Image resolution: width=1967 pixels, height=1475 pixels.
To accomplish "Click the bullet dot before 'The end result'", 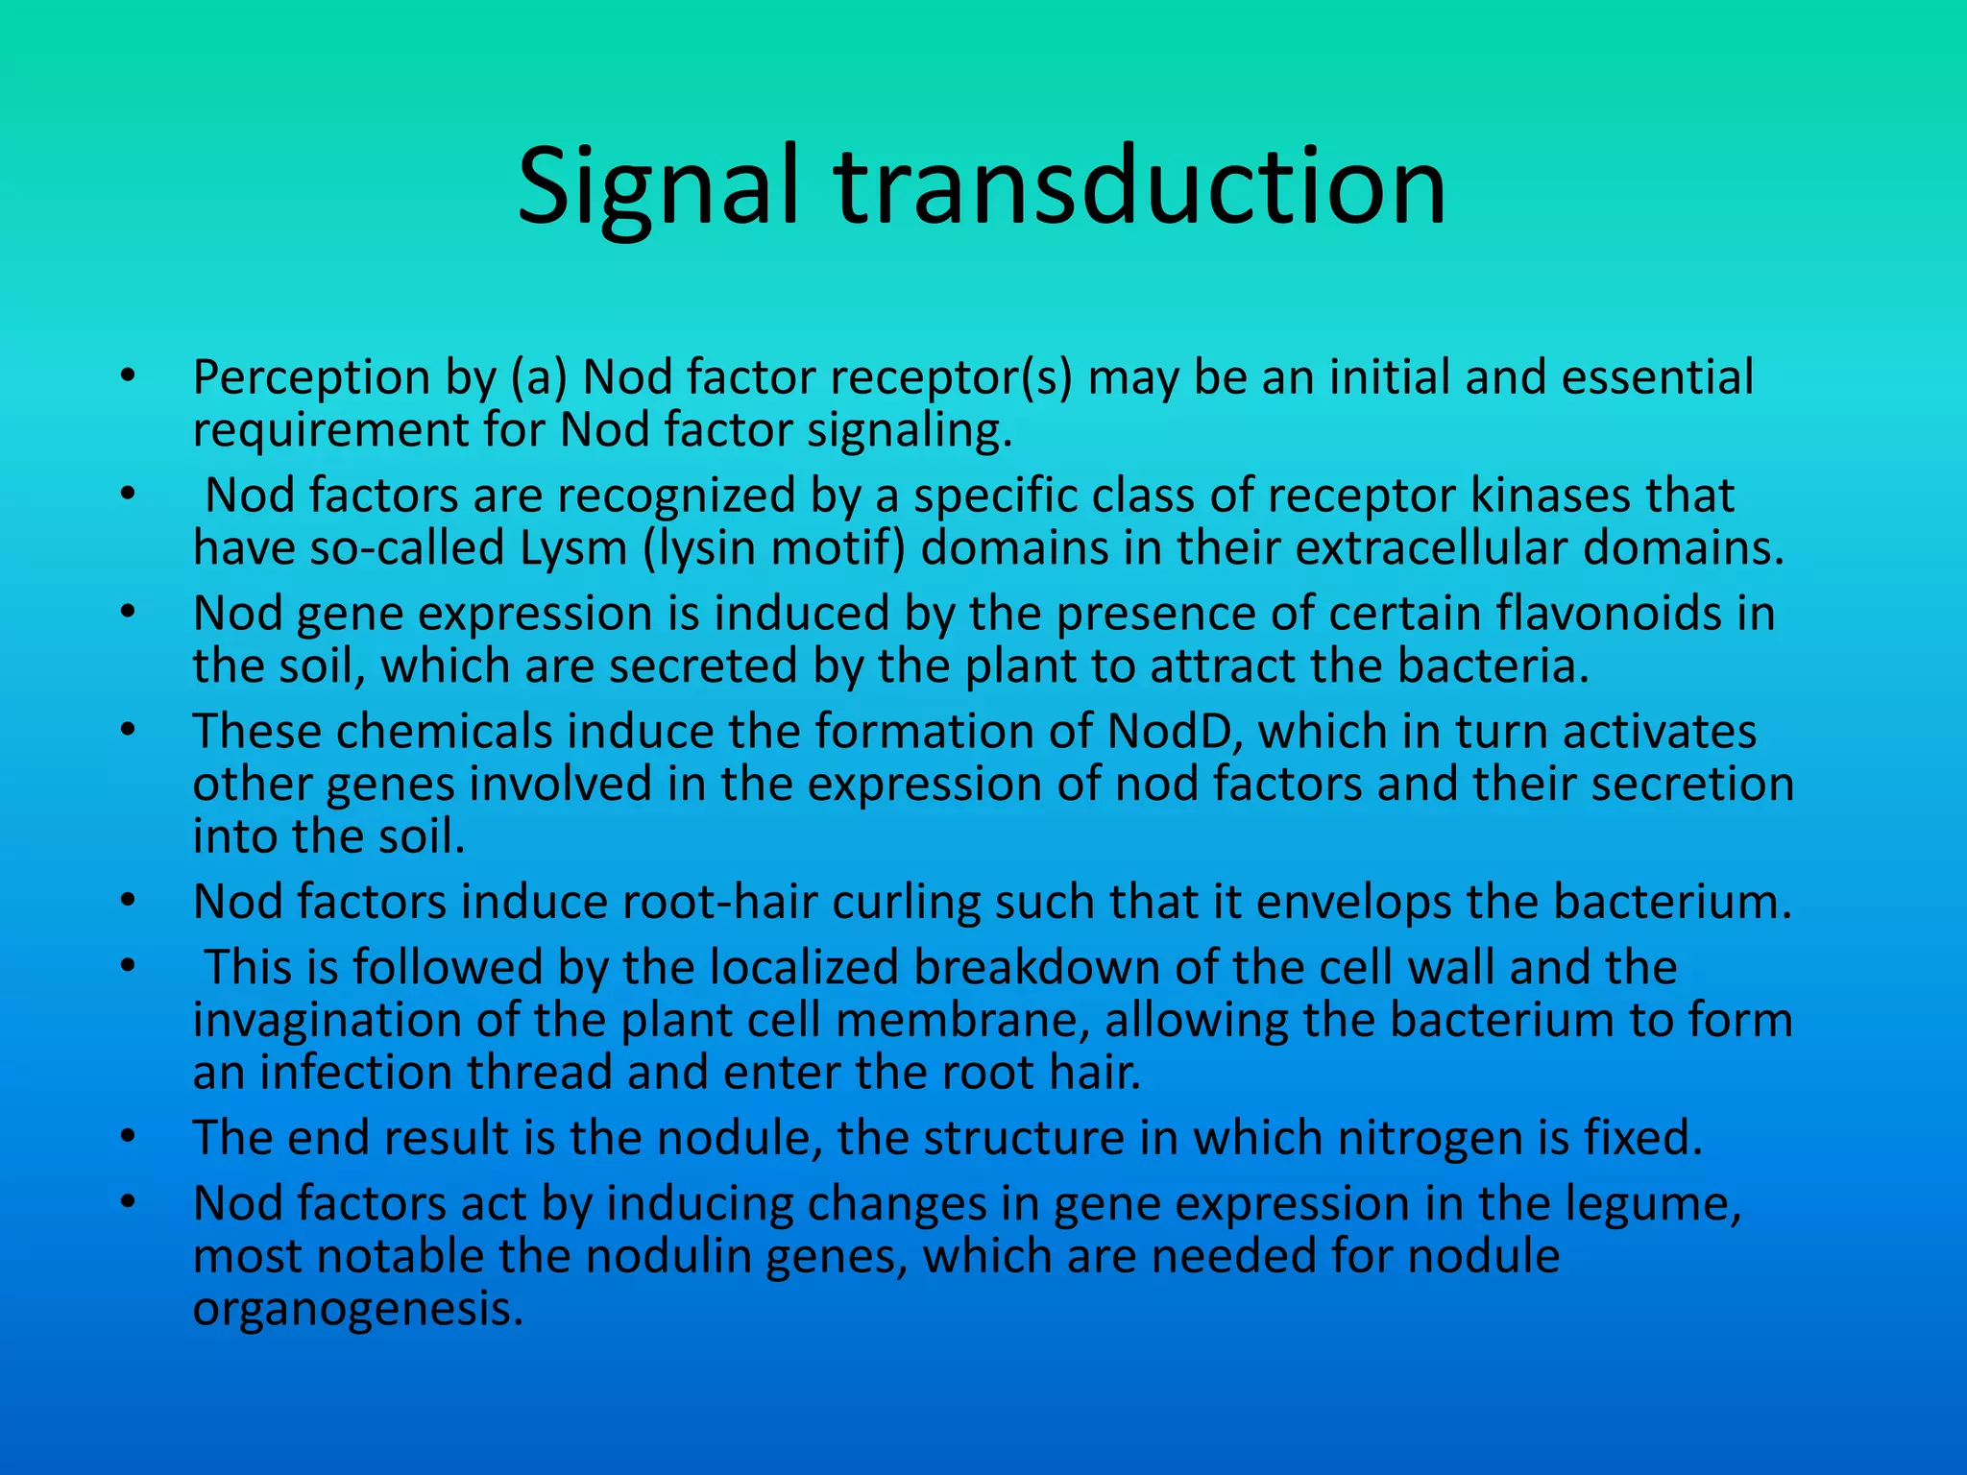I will [128, 1139].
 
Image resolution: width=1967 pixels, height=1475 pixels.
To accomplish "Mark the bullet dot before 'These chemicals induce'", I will [128, 732].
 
